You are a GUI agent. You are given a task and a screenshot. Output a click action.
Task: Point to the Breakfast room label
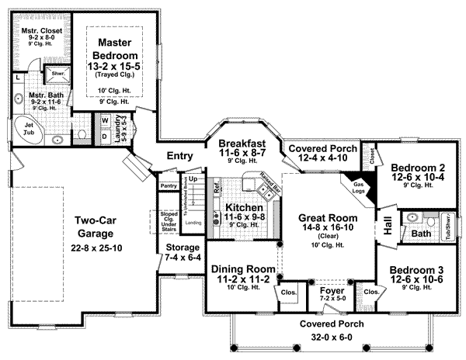242,144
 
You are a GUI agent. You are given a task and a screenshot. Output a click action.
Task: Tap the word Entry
179,156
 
